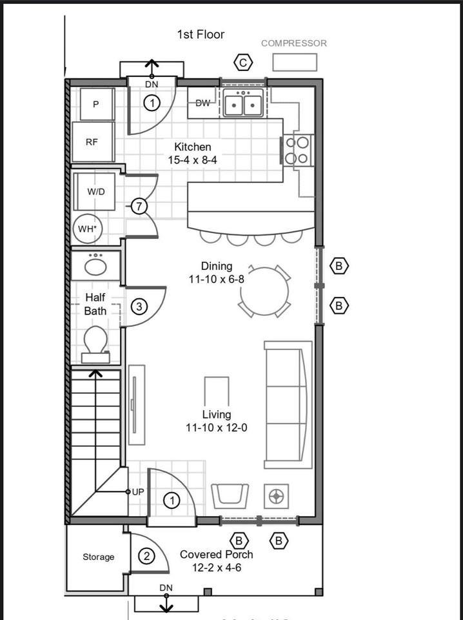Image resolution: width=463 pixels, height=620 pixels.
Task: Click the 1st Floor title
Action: (201, 34)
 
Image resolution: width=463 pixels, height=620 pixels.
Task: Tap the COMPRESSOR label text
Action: (294, 43)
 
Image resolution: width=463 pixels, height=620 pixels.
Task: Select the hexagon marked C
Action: (243, 63)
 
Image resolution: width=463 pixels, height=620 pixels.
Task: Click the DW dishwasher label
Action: (203, 103)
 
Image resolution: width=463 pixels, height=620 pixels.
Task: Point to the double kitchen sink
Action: (243, 103)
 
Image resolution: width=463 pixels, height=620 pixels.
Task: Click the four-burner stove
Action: (297, 150)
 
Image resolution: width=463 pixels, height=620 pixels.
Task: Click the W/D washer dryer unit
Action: (95, 192)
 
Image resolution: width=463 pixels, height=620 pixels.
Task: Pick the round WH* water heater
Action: (88, 229)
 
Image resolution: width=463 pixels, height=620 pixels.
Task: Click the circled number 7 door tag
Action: (139, 206)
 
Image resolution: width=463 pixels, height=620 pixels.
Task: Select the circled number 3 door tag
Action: (139, 307)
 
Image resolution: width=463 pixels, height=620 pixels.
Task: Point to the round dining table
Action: (264, 291)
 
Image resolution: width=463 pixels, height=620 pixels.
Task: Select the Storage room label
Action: (98, 557)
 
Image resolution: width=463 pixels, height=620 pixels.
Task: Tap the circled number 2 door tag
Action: (146, 556)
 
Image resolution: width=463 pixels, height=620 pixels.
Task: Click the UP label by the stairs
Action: (138, 492)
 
